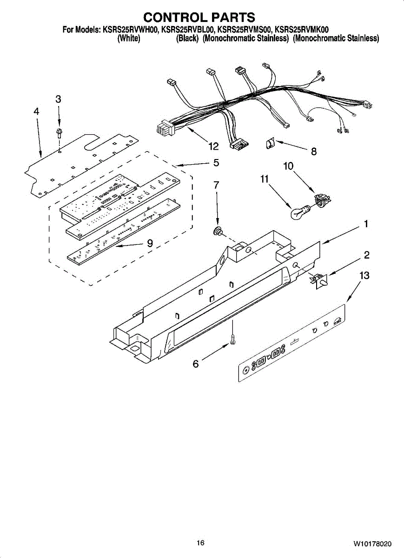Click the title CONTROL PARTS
click(x=199, y=17)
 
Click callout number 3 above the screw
click(x=58, y=99)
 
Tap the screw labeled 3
click(x=59, y=133)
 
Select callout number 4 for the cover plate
click(x=36, y=112)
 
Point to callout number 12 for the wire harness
click(x=213, y=146)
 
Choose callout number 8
click(x=314, y=151)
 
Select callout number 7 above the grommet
click(x=216, y=185)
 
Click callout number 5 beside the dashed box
click(x=216, y=163)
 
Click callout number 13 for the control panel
click(x=364, y=276)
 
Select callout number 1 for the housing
click(x=366, y=224)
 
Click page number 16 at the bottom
click(x=200, y=543)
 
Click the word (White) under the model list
click(x=129, y=39)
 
